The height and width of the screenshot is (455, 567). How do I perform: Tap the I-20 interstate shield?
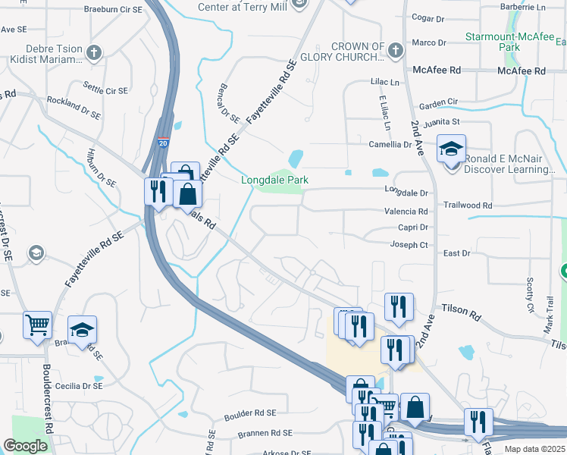164,142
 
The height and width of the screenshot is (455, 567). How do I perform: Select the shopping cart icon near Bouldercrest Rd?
37,325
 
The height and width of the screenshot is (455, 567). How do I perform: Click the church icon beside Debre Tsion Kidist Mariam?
93,53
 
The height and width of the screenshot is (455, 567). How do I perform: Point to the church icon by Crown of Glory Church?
395,51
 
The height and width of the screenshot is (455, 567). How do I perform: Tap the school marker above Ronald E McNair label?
451,149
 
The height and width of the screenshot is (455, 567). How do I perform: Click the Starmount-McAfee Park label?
513,41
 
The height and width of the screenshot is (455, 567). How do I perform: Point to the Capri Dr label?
413,227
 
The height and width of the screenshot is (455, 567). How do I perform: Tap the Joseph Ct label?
410,245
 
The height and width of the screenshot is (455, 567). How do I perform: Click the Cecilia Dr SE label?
77,385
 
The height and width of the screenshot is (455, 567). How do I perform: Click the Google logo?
26,446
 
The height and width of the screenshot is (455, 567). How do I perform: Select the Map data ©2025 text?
534,450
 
